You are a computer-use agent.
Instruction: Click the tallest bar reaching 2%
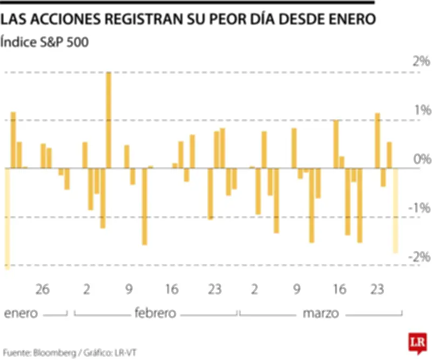click(x=109, y=120)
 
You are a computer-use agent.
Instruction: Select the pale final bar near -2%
click(x=395, y=210)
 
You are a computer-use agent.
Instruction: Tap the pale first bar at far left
click(x=8, y=218)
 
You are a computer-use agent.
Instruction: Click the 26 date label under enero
click(x=43, y=289)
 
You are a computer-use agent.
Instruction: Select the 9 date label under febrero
click(x=129, y=289)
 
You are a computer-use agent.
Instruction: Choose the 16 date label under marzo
click(x=339, y=289)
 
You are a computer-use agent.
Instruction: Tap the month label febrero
click(x=156, y=314)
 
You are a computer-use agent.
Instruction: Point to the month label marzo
click(x=321, y=314)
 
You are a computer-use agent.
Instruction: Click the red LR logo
click(x=417, y=343)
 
